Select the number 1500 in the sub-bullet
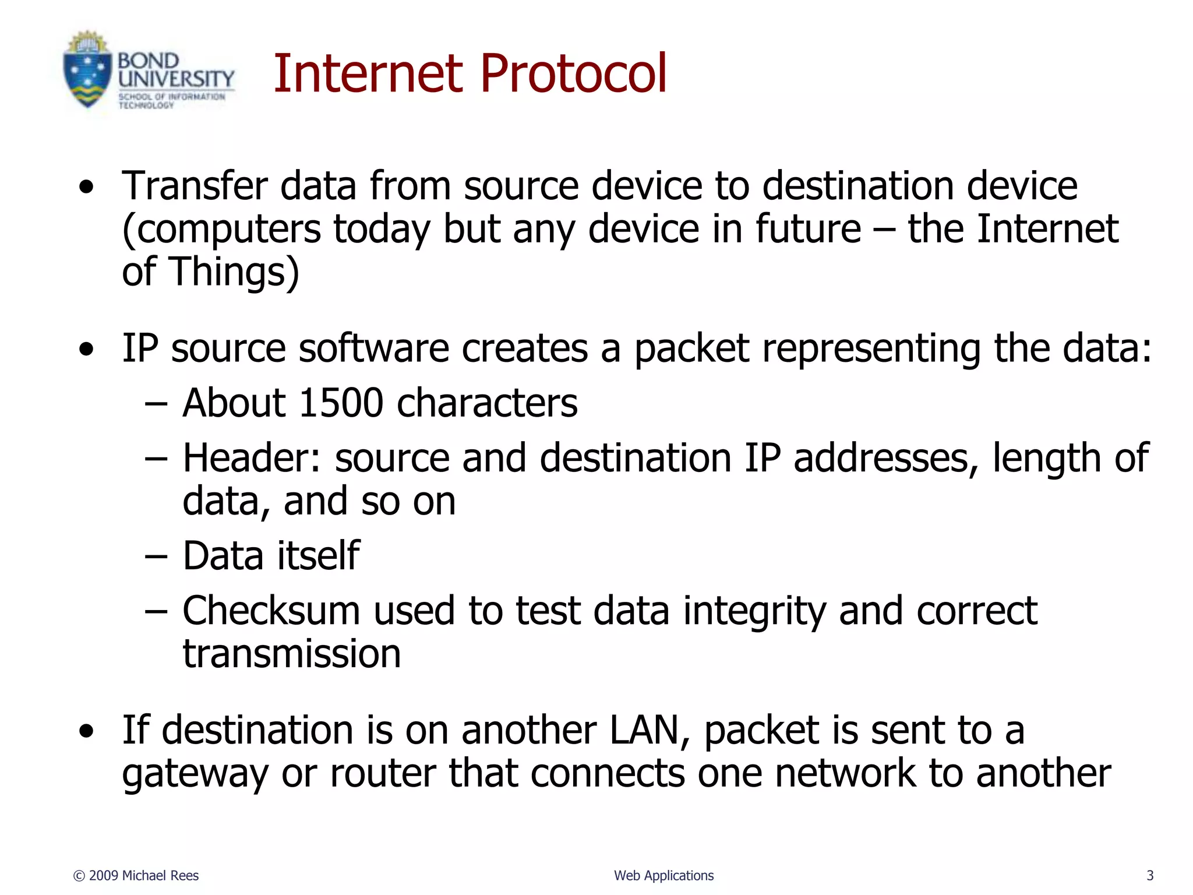coord(341,403)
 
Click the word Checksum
coord(271,611)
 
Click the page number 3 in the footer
coord(1150,875)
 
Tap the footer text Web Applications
coord(663,875)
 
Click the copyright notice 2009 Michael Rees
coord(136,875)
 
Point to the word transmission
coord(292,654)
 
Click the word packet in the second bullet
coord(691,349)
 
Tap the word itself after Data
coord(318,556)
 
